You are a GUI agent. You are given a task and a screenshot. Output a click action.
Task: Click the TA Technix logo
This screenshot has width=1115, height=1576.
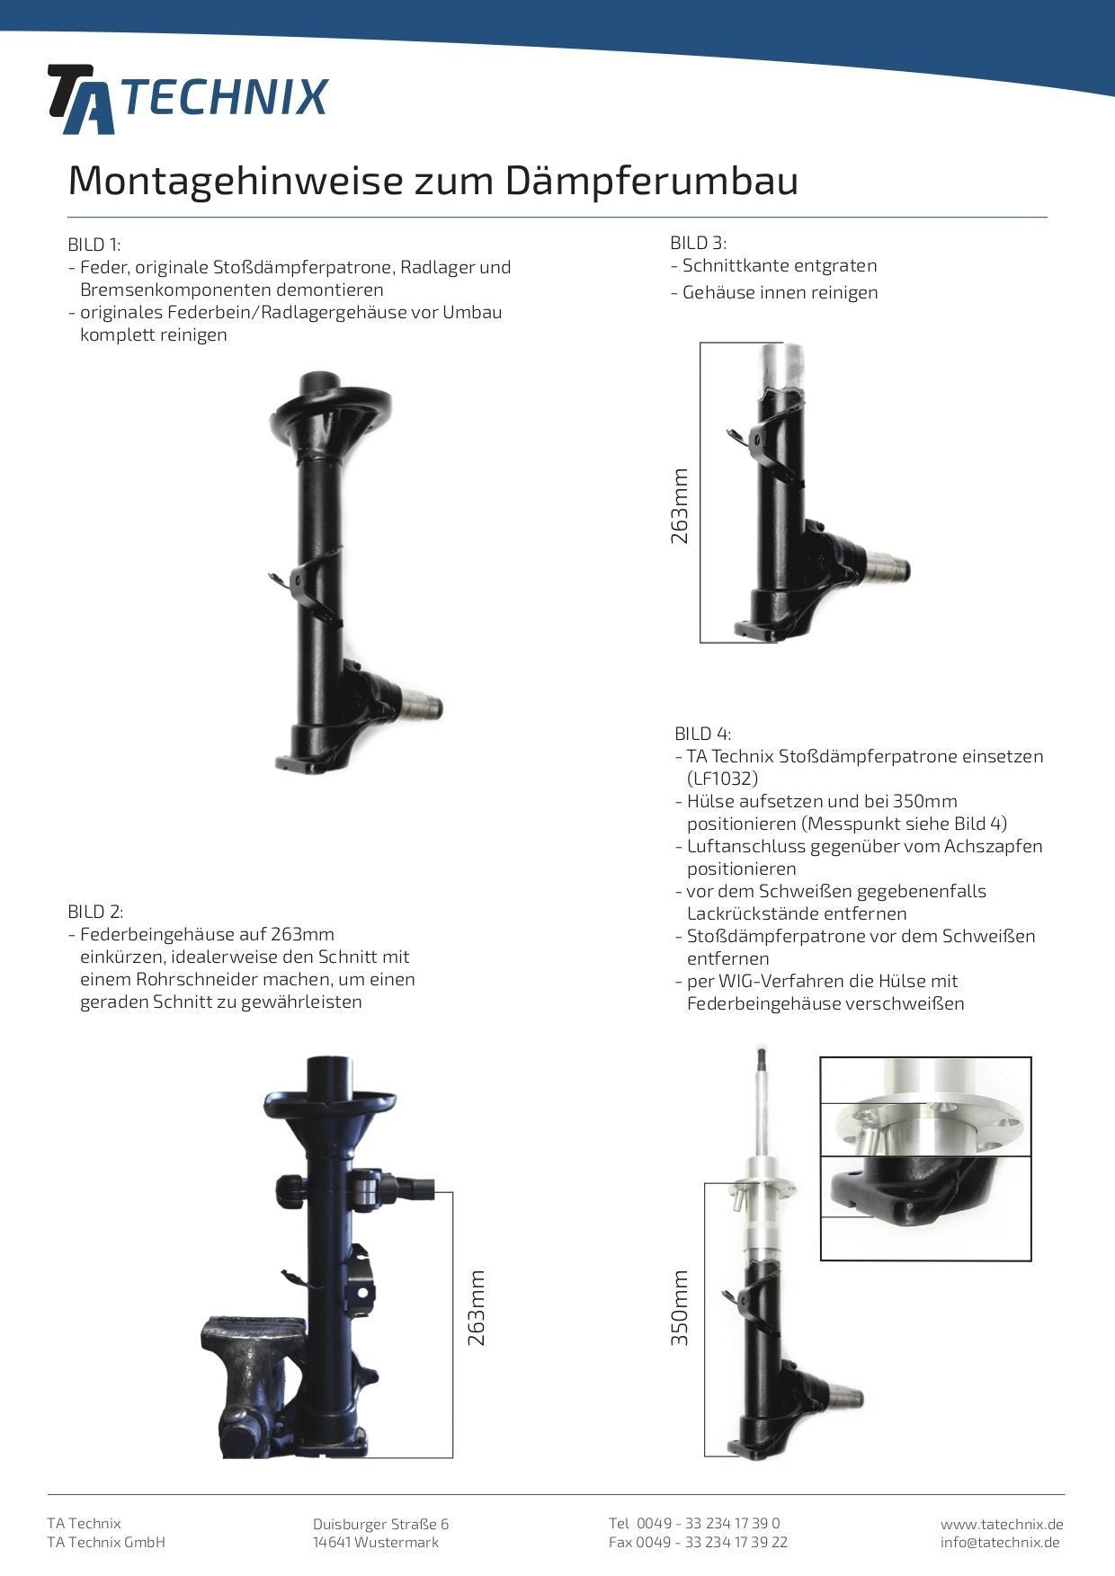pos(188,99)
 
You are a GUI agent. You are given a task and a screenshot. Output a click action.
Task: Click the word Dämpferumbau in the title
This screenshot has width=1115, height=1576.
pos(651,181)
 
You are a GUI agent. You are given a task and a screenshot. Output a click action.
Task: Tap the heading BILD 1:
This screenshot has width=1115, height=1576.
pos(94,245)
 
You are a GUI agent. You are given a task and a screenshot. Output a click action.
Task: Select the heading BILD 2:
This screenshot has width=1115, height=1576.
pos(95,912)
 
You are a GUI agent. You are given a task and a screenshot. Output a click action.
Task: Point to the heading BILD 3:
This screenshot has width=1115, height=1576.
pos(698,243)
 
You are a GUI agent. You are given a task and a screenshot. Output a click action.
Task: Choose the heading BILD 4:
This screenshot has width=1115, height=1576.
pos(702,734)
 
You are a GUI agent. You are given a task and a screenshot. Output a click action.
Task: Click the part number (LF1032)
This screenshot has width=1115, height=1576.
pos(722,779)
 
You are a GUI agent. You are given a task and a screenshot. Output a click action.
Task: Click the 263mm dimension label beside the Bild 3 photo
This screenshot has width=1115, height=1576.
pos(680,506)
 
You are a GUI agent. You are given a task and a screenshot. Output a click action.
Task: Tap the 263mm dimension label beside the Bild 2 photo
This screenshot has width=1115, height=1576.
pos(477,1308)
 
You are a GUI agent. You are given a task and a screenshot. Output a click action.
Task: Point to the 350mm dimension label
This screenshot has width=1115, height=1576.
pos(680,1308)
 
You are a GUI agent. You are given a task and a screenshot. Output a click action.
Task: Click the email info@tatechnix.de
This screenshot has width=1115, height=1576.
pos(1000,1543)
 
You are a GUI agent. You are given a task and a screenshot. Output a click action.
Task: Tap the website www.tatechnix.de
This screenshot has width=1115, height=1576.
pos(1002,1524)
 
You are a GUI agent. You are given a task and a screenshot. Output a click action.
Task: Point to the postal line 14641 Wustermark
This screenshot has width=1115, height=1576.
pos(376,1543)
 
